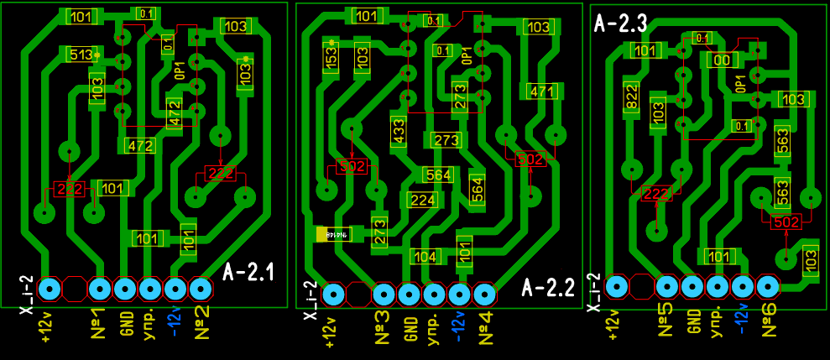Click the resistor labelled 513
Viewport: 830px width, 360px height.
81,55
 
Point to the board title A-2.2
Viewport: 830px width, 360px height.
548,288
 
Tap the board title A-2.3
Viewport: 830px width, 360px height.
620,23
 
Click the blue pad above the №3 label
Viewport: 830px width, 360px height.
384,294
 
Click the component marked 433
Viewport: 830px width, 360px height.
398,132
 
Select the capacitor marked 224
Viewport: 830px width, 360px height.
422,200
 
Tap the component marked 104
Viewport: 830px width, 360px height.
425,256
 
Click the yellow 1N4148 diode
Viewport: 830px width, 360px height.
333,234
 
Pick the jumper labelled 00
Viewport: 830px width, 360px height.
720,60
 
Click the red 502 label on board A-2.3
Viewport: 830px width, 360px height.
786,222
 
